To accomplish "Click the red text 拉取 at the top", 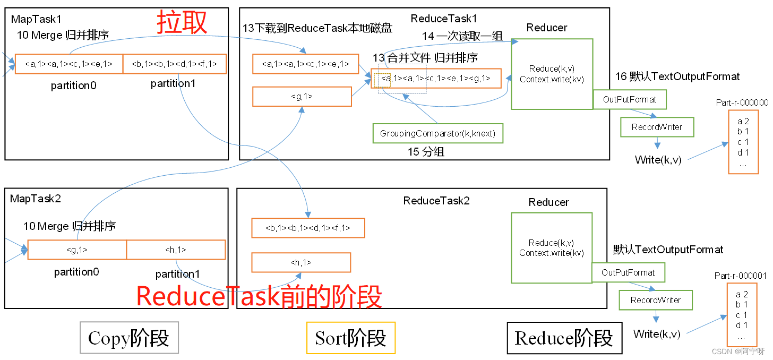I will [x=182, y=22].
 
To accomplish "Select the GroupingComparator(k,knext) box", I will [x=437, y=133].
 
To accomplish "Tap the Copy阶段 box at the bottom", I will [x=129, y=338].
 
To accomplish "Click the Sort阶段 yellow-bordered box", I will [x=350, y=338].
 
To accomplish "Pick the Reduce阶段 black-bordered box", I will [x=564, y=338].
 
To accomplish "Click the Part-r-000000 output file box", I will [x=743, y=142].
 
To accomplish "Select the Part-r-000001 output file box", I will [x=742, y=315].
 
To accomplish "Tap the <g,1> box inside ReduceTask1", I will [x=302, y=97].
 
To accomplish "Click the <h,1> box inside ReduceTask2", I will [x=300, y=262].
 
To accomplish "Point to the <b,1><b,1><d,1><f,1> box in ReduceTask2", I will [x=308, y=228].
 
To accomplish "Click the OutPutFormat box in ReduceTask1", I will [x=629, y=99].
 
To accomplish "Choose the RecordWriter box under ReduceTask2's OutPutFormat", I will [x=655, y=300].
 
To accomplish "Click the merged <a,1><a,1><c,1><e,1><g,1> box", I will [x=435, y=78].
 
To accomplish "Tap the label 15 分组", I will [x=426, y=152].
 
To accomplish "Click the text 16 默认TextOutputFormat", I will [x=677, y=76].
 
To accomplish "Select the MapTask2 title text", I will [x=36, y=199].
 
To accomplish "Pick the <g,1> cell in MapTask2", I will [x=77, y=250].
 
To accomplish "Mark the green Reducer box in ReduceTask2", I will [x=551, y=247].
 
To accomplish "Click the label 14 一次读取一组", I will [x=462, y=37].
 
